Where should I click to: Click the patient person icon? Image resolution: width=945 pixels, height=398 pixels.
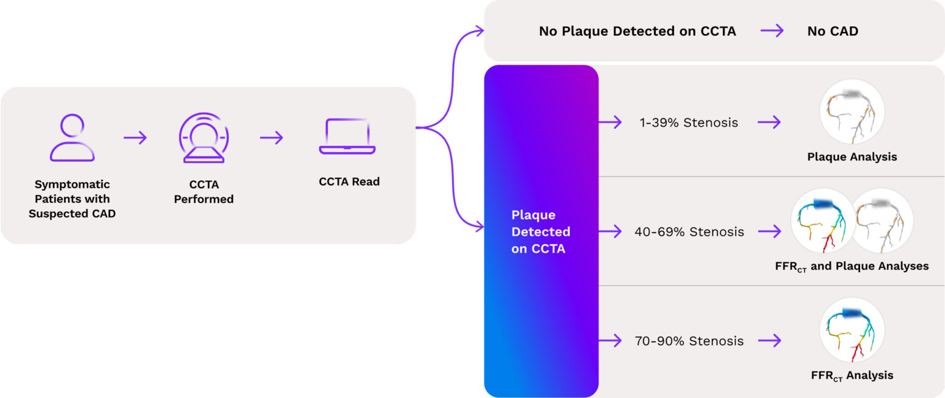(72, 138)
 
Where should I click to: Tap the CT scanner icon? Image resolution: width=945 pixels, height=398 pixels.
(204, 138)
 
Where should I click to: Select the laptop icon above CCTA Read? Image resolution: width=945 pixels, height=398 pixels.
(347, 137)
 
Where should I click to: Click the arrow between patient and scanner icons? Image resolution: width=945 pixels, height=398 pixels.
(135, 138)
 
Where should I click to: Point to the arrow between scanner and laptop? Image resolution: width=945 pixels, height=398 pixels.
(271, 138)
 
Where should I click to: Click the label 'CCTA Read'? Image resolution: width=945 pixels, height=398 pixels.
(349, 181)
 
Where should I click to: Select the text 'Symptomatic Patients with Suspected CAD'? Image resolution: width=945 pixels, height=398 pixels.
(72, 199)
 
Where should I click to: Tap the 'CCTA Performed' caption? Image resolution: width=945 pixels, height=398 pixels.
(204, 192)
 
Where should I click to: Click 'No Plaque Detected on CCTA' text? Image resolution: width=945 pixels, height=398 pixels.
(637, 31)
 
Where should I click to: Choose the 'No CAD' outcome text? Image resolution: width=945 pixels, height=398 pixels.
(832, 31)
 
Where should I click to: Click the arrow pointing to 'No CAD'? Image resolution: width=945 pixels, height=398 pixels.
(772, 31)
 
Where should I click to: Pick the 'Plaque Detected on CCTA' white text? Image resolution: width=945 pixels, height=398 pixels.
(541, 232)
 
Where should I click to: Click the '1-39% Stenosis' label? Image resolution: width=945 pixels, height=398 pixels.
(688, 122)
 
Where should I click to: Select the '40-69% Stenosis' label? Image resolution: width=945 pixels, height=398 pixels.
(689, 232)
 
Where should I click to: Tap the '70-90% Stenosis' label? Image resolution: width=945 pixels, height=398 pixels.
(689, 341)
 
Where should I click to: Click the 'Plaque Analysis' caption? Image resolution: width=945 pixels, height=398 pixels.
(852, 157)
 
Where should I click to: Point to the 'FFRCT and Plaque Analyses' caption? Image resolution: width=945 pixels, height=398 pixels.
(851, 266)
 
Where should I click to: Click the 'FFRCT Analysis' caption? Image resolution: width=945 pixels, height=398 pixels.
(852, 375)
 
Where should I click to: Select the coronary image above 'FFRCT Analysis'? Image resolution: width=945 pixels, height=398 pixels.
(852, 330)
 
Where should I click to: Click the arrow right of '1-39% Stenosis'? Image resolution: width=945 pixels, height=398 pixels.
(769, 122)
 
